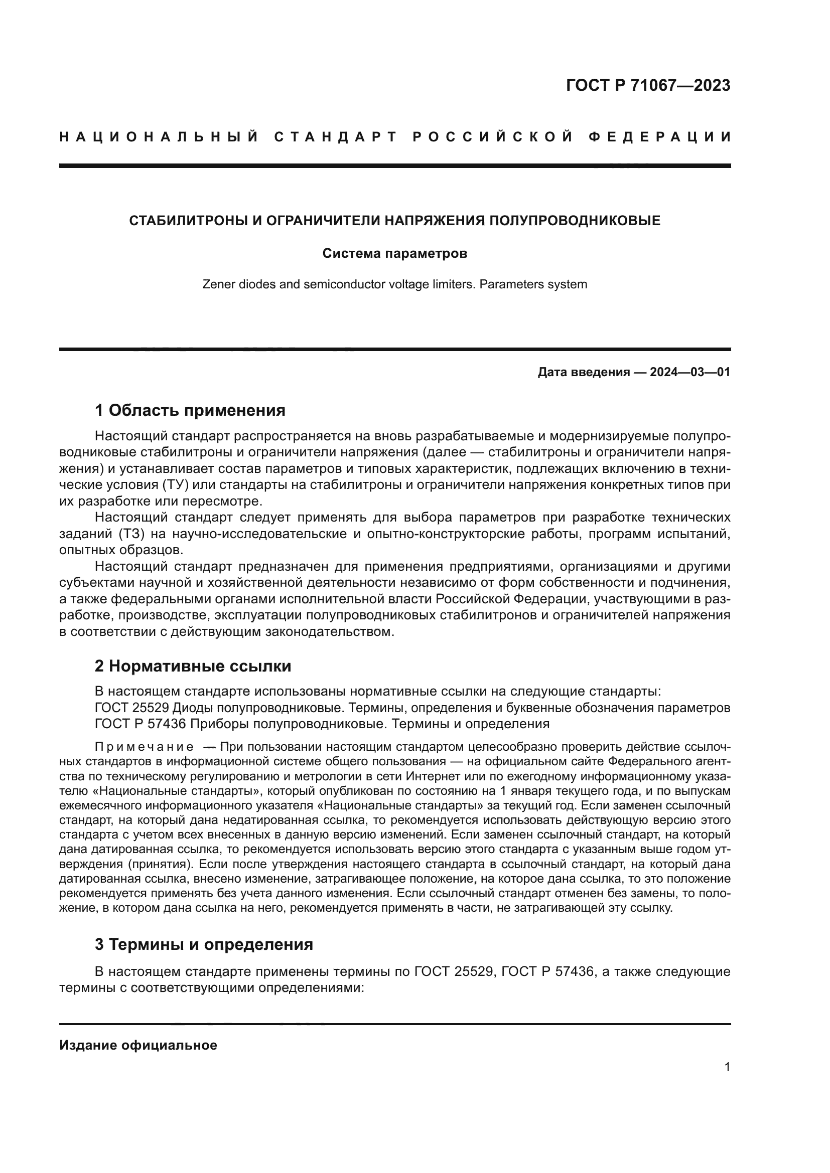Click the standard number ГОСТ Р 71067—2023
click(x=647, y=85)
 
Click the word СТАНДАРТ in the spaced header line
click(x=335, y=137)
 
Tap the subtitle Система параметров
click(x=394, y=253)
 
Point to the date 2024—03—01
click(x=689, y=372)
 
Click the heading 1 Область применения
click(x=190, y=410)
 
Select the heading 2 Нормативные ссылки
click(x=193, y=666)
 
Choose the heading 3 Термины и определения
click(x=203, y=945)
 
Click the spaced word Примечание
click(x=144, y=747)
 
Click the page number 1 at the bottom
click(x=727, y=1067)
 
